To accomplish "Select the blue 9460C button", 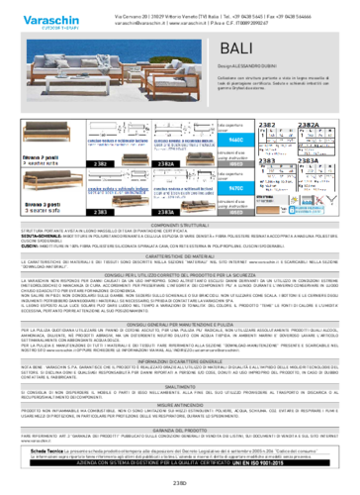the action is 235,142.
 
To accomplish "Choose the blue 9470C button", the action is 235,187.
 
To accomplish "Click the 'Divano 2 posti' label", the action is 43,156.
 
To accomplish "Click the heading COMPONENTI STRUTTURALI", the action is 179,226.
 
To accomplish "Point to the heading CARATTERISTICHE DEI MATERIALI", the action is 179,255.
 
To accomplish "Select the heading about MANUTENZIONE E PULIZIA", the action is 179,324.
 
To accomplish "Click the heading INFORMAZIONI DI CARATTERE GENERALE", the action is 179,362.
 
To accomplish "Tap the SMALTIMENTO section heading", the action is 179,386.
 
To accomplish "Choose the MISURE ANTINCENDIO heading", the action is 179,405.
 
